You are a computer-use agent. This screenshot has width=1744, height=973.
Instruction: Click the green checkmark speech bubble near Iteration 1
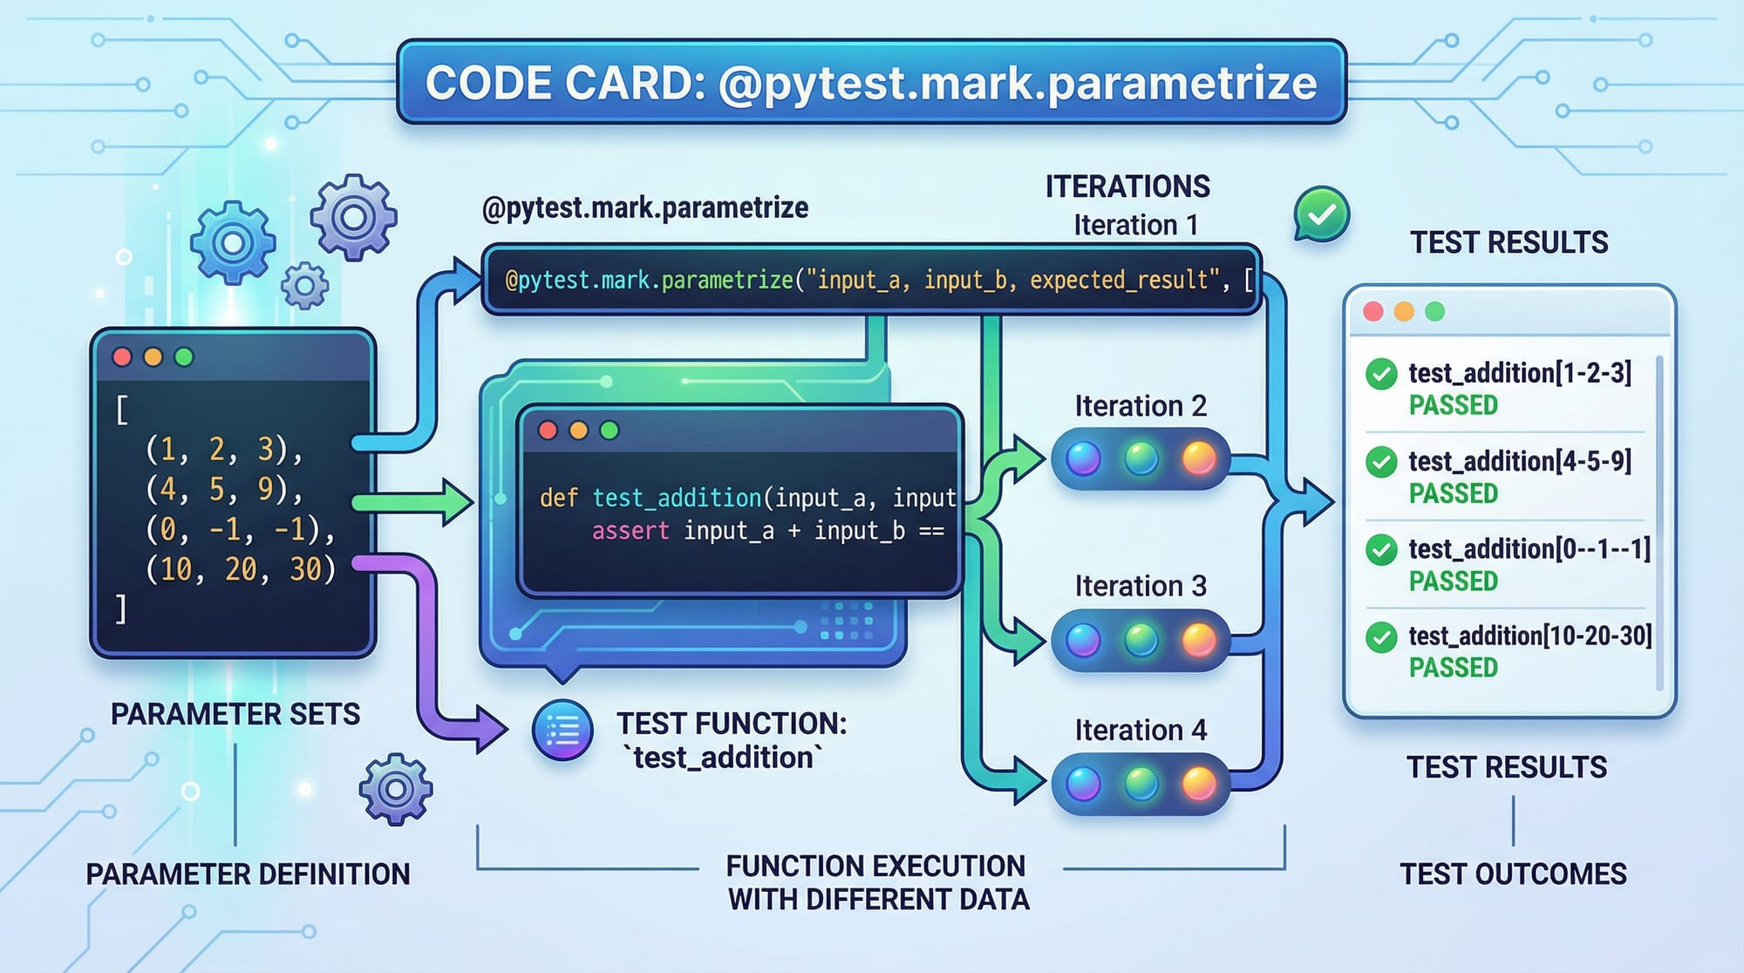[x=1322, y=214]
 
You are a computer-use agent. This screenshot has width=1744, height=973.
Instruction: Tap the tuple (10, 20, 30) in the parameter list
[x=241, y=569]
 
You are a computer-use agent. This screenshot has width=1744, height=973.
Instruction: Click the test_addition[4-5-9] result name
[x=1519, y=460]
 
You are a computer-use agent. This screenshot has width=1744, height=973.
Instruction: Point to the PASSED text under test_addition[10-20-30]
[x=1453, y=668]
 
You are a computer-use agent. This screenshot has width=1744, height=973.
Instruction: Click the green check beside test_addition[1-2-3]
[x=1381, y=374]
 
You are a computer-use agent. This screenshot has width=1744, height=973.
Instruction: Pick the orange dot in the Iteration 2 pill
[x=1198, y=458]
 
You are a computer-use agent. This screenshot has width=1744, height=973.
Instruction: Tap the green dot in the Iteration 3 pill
[x=1141, y=640]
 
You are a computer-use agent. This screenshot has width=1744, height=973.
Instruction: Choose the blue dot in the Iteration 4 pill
[x=1083, y=784]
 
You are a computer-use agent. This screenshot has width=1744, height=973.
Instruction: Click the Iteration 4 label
[x=1140, y=730]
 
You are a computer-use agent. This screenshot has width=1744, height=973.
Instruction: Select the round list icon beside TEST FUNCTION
[x=562, y=731]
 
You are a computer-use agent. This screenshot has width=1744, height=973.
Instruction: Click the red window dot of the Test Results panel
[x=1373, y=311]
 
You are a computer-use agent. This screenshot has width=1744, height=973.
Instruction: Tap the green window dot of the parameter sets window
[x=184, y=357]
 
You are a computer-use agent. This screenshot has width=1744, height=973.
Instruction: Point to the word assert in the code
[x=630, y=531]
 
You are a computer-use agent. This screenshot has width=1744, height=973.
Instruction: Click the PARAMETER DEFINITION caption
[x=248, y=874]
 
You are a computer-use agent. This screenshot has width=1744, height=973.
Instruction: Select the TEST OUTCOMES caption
[x=1513, y=874]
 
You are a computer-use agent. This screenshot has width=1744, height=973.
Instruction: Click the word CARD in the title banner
[x=629, y=84]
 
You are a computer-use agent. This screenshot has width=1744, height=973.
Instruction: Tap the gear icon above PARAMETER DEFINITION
[x=395, y=789]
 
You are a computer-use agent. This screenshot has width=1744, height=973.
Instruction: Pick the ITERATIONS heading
[x=1127, y=187]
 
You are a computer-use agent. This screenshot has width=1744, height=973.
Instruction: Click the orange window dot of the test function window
[x=578, y=430]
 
